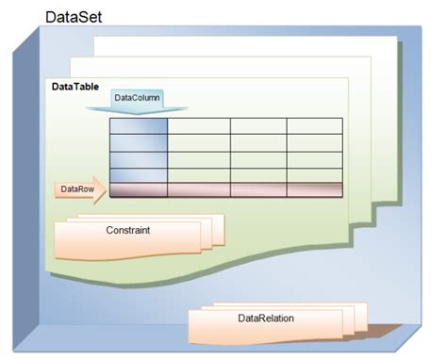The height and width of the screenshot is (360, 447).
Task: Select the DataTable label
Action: pos(74,88)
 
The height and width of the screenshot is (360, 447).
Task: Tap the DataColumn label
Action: pos(138,98)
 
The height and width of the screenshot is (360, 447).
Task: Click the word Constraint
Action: pos(128,229)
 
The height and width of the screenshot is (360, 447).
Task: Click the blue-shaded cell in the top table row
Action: pos(139,126)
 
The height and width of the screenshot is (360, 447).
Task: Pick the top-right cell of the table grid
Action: pos(314,126)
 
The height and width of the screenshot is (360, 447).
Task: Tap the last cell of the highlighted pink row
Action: pos(314,189)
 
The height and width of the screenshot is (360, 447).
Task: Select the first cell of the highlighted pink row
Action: pos(139,189)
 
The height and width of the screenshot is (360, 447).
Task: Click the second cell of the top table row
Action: pos(199,126)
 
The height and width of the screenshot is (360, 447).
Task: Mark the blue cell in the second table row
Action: pos(139,143)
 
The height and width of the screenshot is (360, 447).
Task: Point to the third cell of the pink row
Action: pos(258,189)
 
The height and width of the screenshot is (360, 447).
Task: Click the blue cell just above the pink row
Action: pos(139,174)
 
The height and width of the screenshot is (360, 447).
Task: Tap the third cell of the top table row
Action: pos(258,126)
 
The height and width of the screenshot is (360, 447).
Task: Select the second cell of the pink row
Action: pos(199,189)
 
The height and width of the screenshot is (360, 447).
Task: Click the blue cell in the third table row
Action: pos(139,159)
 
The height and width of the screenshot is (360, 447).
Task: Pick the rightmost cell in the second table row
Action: pos(314,143)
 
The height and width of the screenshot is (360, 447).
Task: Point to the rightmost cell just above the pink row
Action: pos(314,174)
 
